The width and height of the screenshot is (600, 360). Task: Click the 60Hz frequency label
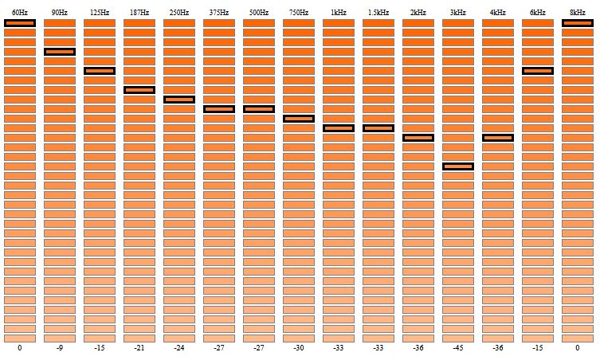tap(20, 13)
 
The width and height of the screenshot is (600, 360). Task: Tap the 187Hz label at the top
tap(139, 13)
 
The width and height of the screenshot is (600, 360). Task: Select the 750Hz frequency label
tap(299, 13)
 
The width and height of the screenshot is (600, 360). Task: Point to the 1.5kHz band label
tap(378, 13)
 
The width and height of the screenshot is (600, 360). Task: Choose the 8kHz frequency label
tap(578, 13)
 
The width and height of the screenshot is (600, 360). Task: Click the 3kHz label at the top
tap(458, 13)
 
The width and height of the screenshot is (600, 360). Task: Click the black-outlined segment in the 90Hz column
tap(60, 52)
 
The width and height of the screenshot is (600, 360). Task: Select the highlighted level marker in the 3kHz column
tap(458, 166)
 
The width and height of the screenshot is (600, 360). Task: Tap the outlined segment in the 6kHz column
tap(538, 71)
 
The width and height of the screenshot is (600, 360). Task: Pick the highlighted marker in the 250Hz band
tap(179, 100)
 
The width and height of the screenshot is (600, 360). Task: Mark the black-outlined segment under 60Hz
tap(20, 23)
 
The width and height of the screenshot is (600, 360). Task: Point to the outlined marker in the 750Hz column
tap(299, 119)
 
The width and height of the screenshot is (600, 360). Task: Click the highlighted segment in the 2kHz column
tap(418, 138)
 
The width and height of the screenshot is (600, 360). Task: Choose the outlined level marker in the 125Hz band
tap(100, 71)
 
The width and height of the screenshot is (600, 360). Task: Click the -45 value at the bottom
tap(458, 348)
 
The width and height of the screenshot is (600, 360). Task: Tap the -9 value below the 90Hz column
tap(60, 348)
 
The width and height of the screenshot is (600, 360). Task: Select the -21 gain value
tap(139, 348)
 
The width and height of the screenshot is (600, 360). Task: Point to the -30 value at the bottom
tap(299, 348)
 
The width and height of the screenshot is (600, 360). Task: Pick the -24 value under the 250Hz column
tap(179, 348)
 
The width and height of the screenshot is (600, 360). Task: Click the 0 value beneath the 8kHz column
tap(578, 348)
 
